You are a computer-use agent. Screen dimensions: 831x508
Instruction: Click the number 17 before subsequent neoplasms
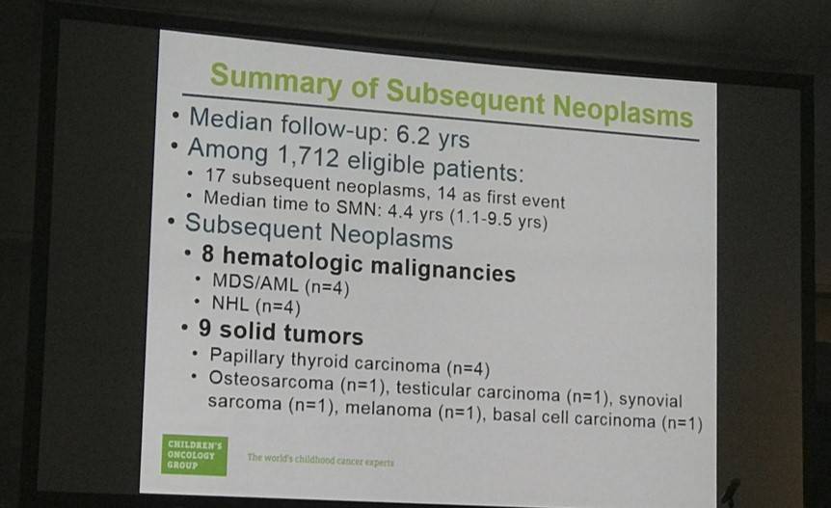(215, 174)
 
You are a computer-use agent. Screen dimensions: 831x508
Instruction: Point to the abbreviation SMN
(359, 207)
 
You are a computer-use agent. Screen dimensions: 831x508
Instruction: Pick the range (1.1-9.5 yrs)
(498, 218)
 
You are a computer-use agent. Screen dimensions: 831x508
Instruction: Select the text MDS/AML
(255, 282)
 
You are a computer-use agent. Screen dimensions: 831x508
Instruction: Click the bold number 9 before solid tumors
(204, 328)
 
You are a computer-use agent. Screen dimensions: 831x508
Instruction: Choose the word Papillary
(247, 357)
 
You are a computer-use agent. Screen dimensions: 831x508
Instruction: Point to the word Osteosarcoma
(271, 380)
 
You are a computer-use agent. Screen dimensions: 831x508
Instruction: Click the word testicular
(434, 389)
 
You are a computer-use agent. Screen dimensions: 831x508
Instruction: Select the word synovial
(651, 399)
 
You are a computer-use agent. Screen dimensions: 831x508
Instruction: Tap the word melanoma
(388, 409)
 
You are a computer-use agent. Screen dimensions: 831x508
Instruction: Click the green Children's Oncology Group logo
(194, 455)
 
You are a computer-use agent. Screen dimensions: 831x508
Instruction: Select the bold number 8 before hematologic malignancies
(208, 254)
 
